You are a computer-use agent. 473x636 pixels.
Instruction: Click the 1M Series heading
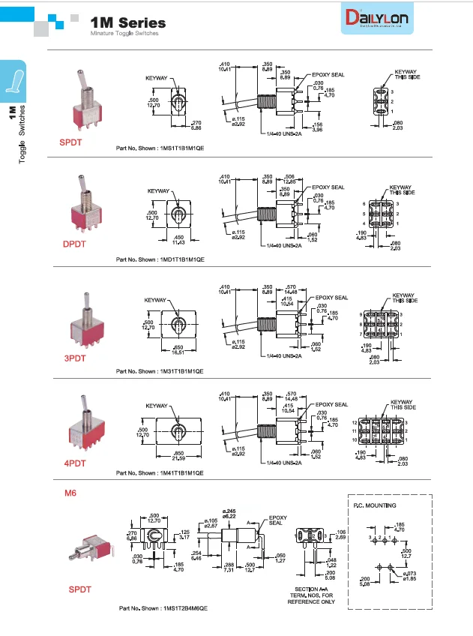tap(128, 24)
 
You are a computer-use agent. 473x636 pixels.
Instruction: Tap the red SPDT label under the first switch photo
tap(72, 141)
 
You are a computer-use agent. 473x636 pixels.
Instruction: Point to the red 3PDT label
tap(74, 358)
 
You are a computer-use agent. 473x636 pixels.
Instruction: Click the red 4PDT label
tap(76, 463)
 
